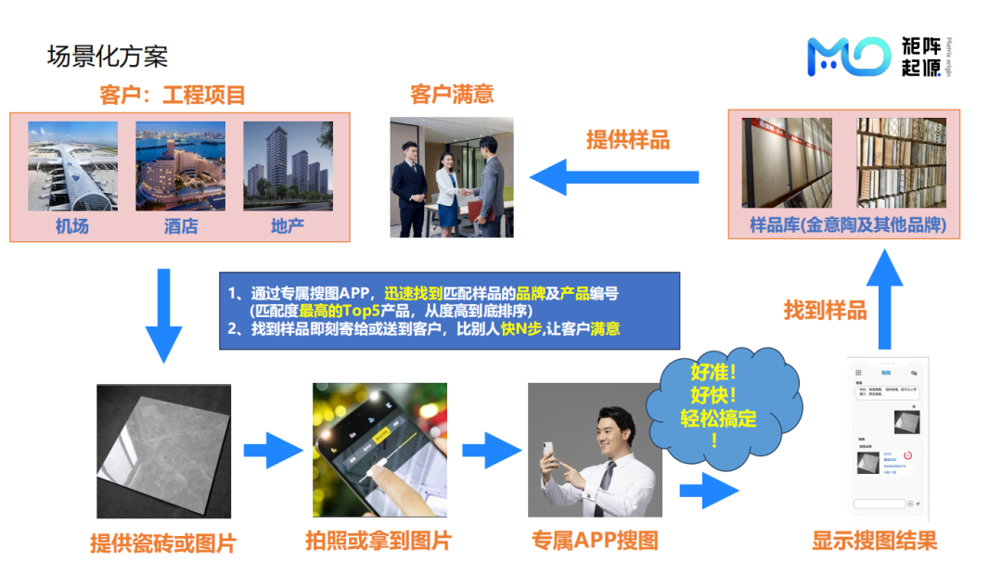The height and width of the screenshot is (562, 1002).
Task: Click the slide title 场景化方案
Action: (x=108, y=57)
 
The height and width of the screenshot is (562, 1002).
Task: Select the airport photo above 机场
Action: (x=72, y=166)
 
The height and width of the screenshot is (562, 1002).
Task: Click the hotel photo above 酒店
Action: (x=180, y=166)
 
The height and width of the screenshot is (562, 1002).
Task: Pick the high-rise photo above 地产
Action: (x=288, y=166)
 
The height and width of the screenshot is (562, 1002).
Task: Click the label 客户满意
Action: (x=452, y=95)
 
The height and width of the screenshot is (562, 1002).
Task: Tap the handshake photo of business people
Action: (x=452, y=177)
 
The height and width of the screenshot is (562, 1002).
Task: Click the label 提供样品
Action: (x=628, y=140)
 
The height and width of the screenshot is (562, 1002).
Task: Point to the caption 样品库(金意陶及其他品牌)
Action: (x=841, y=225)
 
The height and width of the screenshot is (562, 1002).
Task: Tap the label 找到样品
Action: (x=825, y=310)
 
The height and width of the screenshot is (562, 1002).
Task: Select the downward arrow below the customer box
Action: (x=163, y=314)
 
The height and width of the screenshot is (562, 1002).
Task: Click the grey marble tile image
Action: (x=164, y=451)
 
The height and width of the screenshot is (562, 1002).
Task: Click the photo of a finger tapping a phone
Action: (x=379, y=450)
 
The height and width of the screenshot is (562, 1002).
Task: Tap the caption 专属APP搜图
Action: (x=595, y=541)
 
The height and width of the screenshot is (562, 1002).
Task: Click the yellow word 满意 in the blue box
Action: (x=605, y=328)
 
